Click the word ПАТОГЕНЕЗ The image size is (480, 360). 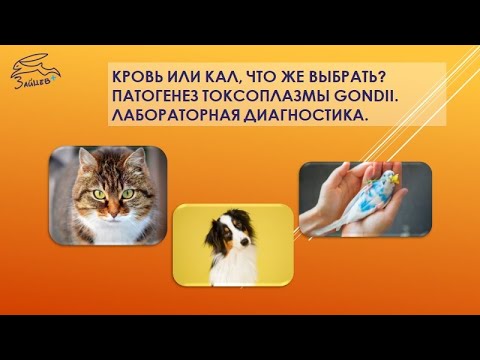159,97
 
